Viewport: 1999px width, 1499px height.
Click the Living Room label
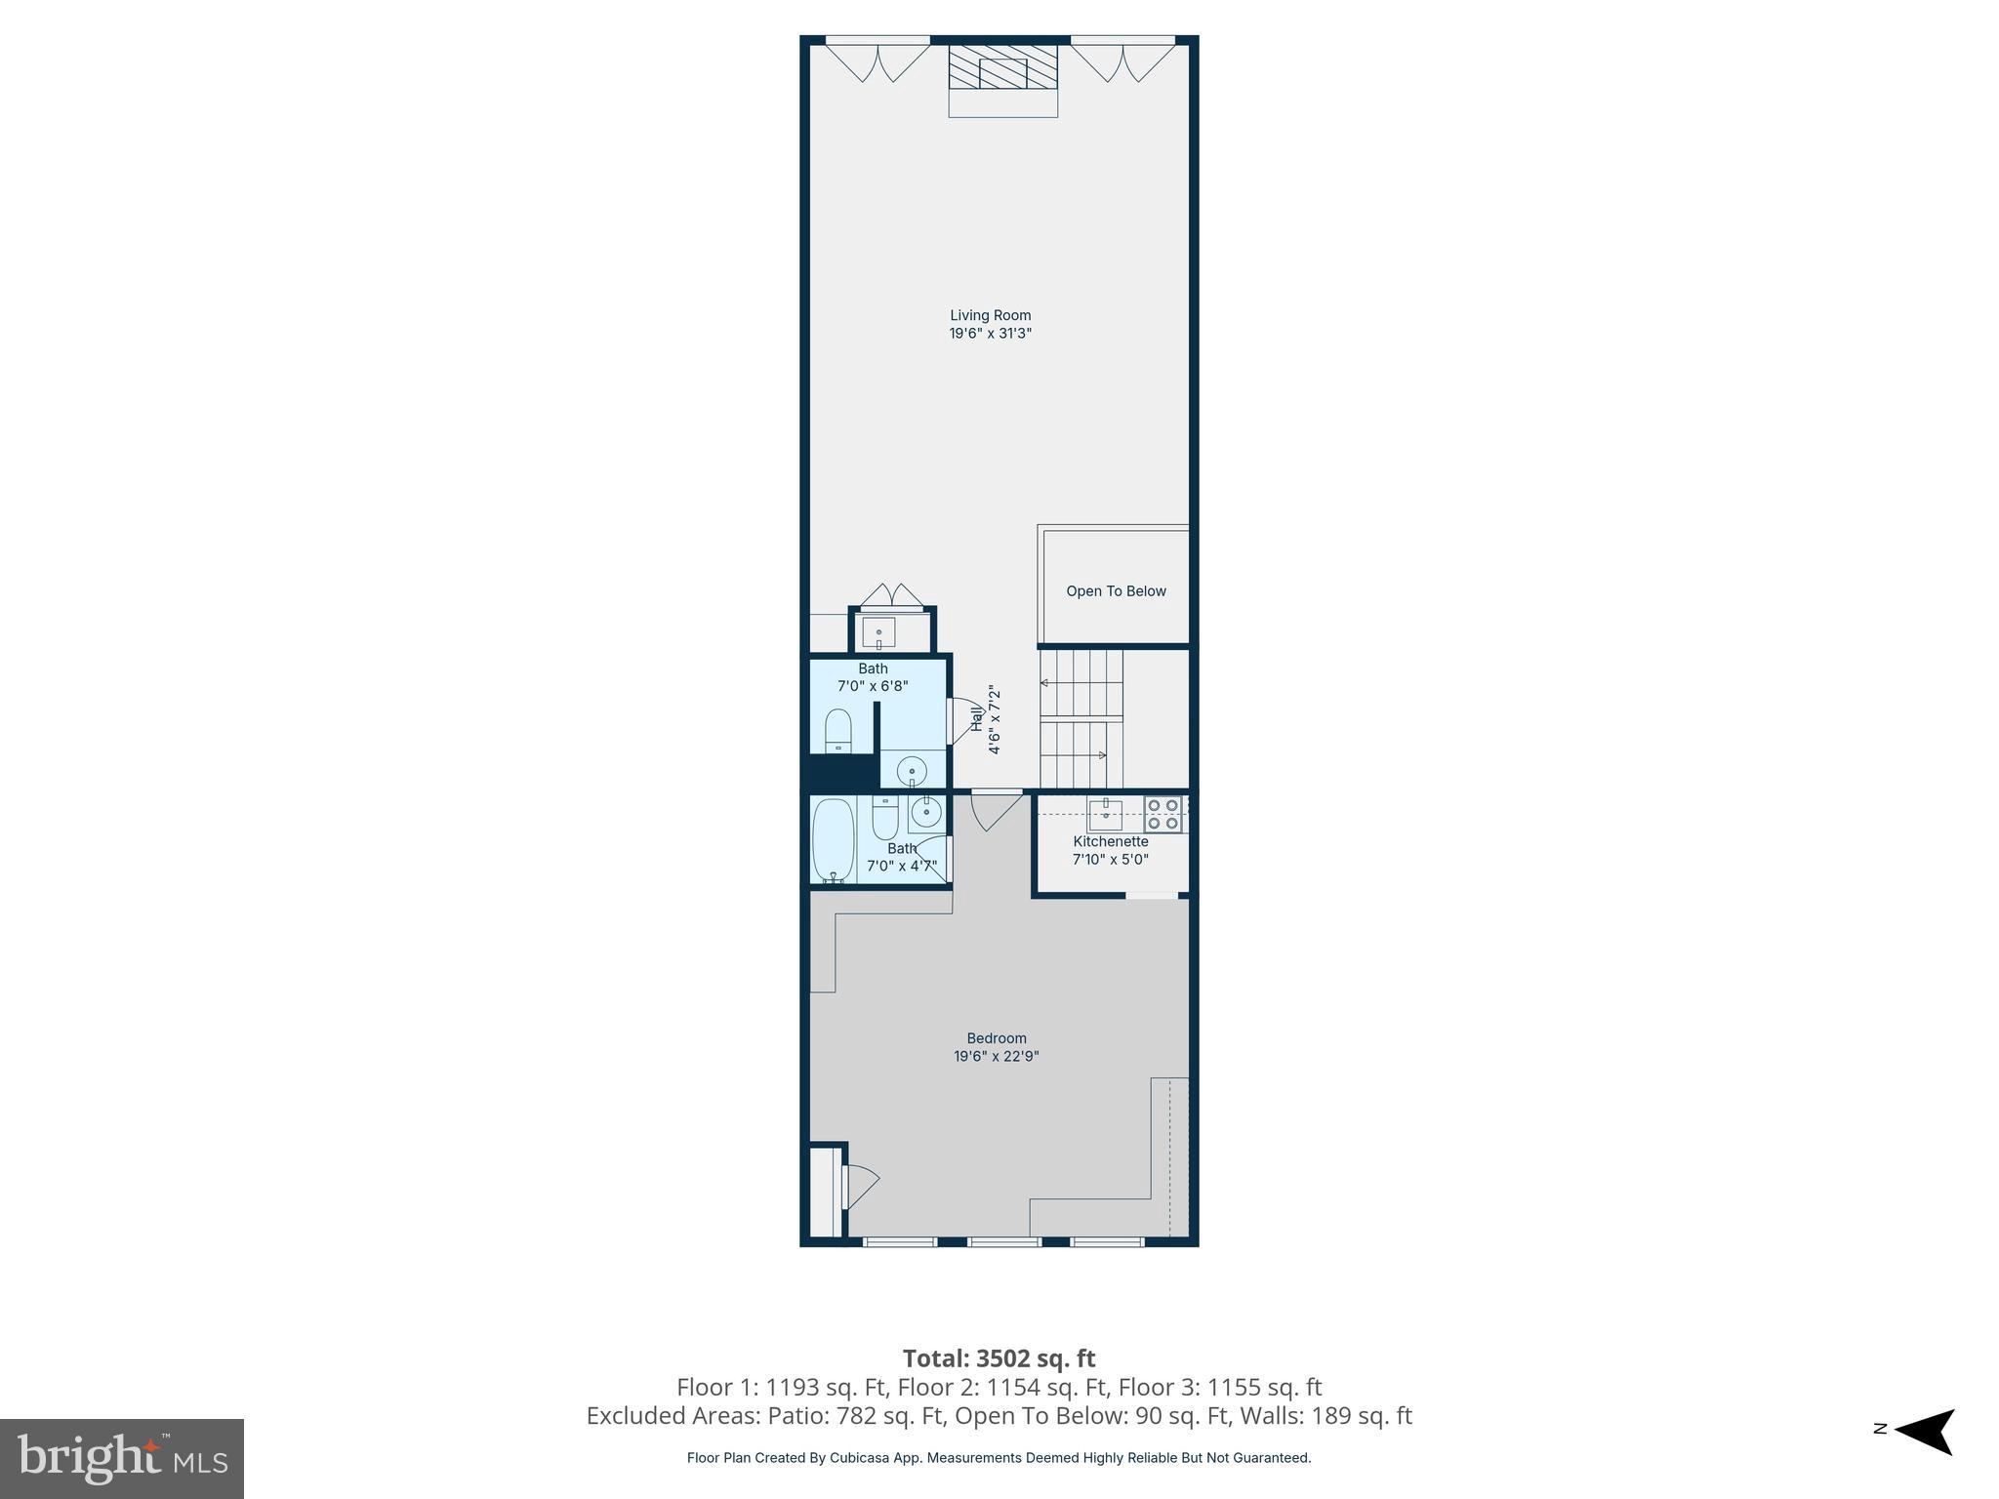[990, 315]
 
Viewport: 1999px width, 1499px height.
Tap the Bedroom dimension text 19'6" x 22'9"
[996, 1056]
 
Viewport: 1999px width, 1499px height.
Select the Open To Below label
[1116, 590]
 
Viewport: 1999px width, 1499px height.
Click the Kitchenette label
[1110, 841]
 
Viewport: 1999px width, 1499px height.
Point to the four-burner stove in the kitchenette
[1163, 814]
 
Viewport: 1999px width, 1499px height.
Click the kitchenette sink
[1105, 813]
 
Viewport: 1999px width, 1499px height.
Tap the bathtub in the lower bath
[833, 839]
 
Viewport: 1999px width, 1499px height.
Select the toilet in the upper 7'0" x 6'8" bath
[838, 731]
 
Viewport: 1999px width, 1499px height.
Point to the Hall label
[976, 719]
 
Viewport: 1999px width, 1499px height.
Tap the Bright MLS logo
[122, 1458]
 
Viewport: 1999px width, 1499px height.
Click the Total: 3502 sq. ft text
[999, 1358]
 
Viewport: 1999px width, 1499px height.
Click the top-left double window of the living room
[877, 59]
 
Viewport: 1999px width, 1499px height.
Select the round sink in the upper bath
[912, 771]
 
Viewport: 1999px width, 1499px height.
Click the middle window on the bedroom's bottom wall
[1003, 1242]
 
